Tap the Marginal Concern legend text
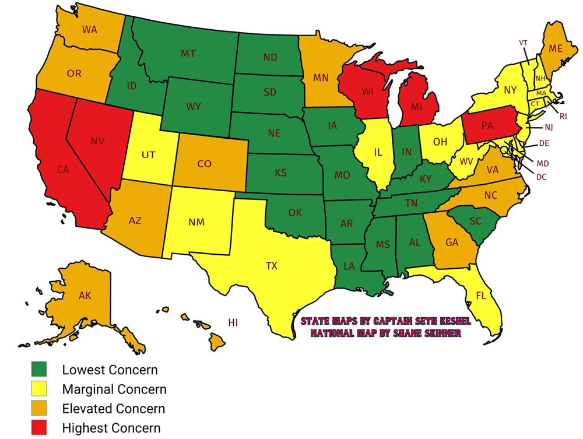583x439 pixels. pyautogui.click(x=114, y=389)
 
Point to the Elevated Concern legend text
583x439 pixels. pyautogui.click(x=114, y=409)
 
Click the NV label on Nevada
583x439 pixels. pyautogui.click(x=97, y=141)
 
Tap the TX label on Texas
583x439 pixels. pyautogui.click(x=272, y=266)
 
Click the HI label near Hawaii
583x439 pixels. pyautogui.click(x=233, y=322)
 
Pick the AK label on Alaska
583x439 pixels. pyautogui.click(x=85, y=296)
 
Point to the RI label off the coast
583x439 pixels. pyautogui.click(x=563, y=117)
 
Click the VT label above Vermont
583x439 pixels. pyautogui.click(x=523, y=43)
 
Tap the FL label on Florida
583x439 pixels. pyautogui.click(x=481, y=296)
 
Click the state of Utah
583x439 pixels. pyautogui.click(x=147, y=154)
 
